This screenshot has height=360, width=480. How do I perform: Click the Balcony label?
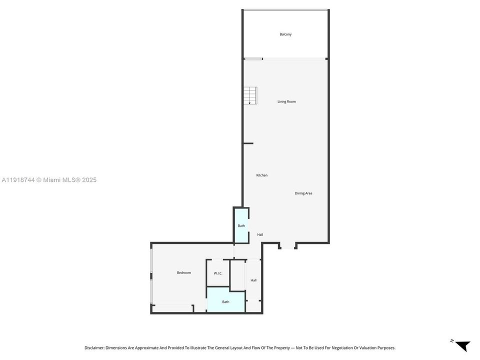tap(285, 34)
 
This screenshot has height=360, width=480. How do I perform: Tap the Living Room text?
tap(286, 101)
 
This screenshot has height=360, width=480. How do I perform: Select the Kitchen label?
tap(261, 175)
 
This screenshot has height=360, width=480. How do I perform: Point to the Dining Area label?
tap(303, 193)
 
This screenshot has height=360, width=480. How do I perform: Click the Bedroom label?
tap(183, 272)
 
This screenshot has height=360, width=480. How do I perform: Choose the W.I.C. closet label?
tap(218, 273)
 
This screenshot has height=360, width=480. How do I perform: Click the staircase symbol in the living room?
tap(250, 95)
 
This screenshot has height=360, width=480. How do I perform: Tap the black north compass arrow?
tap(462, 345)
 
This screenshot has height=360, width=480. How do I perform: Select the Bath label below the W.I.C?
tap(225, 301)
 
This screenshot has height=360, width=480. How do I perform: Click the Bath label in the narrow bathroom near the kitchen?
tap(241, 226)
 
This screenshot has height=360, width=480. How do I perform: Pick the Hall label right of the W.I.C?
tap(253, 280)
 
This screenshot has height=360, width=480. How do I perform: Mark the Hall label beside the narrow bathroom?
tap(260, 234)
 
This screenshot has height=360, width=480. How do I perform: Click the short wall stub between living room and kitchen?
tap(248, 143)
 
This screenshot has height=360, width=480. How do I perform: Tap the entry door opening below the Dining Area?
tap(287, 245)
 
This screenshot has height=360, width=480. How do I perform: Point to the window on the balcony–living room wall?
tap(253, 59)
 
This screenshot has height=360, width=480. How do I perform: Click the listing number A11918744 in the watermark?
tap(19, 180)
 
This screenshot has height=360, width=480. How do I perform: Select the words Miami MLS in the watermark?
tap(59, 180)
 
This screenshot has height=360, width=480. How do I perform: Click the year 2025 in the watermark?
tap(88, 180)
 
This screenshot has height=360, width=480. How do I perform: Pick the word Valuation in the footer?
tap(365, 347)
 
